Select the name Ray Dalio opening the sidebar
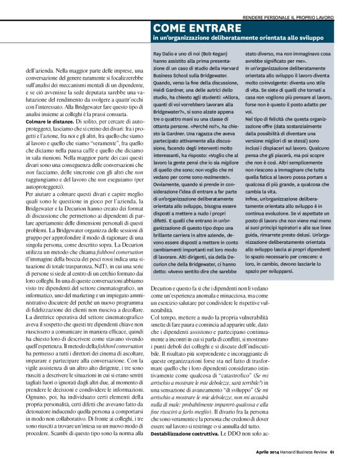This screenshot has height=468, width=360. tap(165, 55)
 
